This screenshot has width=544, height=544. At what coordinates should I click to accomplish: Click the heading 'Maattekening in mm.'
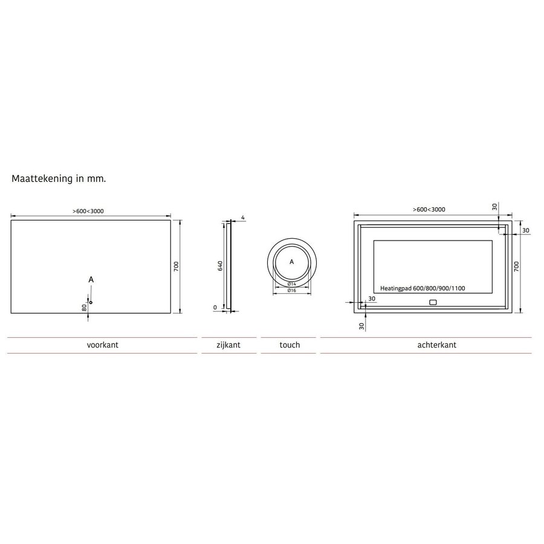coord(59,180)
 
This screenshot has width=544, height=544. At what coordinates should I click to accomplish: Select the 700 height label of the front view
coord(176,267)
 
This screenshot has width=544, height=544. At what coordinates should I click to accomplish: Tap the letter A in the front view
coord(91,279)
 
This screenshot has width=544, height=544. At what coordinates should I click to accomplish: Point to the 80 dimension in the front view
coord(85,307)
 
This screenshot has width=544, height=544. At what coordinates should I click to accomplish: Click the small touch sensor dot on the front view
coord(91,302)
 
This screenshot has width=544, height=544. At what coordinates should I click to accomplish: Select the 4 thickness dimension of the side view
coord(242,217)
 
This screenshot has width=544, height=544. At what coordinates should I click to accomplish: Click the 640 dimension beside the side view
coord(221,266)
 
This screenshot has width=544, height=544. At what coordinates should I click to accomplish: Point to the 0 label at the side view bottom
coord(215,307)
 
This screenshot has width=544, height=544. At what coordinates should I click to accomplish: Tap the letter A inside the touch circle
coord(291,262)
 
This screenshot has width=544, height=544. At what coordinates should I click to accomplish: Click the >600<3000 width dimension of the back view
coord(429,209)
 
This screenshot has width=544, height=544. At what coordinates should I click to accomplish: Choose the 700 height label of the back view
coord(517,267)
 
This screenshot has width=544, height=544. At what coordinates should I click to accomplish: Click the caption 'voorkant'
coord(102,345)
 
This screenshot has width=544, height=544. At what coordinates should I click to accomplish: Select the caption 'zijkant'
coord(228,345)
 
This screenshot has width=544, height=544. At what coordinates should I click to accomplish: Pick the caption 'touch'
coord(290,345)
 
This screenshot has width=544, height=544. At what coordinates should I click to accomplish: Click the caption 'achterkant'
coord(436,345)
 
